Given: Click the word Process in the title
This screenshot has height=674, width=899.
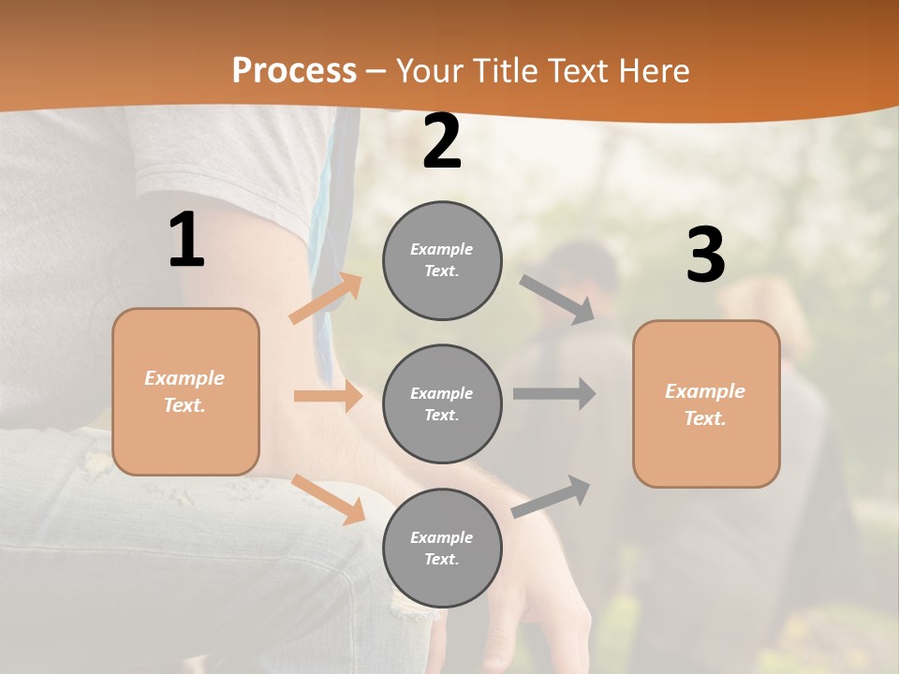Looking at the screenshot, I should coord(294,70).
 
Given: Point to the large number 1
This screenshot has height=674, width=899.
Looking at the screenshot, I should coord(186,241).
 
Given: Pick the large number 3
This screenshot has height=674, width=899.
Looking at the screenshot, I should coord(705,256).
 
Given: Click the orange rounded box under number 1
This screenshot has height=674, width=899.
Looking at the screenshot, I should coord(185,391).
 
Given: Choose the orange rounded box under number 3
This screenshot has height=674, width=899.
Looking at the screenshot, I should coord(706,404).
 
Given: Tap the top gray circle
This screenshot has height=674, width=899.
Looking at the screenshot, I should coord(442,260).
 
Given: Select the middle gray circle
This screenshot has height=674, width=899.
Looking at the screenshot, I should coord(442,404).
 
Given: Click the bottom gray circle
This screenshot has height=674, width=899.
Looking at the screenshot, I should coord(442,549).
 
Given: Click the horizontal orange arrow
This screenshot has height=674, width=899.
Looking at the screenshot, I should coord(328,396).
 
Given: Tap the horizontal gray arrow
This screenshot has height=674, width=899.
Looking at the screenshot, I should coord(554,393).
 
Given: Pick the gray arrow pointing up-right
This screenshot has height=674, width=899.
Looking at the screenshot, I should coord(552,496).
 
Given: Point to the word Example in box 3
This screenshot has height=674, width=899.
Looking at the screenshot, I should coord(705,391).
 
